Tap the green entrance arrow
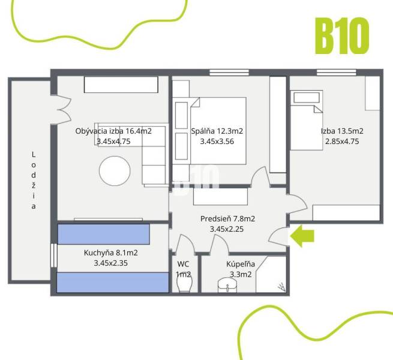click(302, 236)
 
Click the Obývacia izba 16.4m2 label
click(113, 131)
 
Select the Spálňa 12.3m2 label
click(217, 131)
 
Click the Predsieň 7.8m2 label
click(227, 218)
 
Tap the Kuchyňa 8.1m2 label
click(111, 253)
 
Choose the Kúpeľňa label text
click(241, 263)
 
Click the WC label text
click(183, 263)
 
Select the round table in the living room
click(115, 171)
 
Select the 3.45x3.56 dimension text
click(217, 142)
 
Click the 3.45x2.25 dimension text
click(227, 229)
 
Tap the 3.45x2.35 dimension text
click(111, 263)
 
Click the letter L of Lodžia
click(34, 155)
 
